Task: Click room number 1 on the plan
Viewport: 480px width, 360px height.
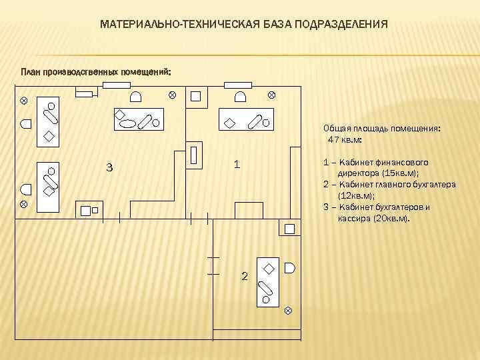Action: (237, 164)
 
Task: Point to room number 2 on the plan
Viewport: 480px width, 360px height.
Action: (244, 276)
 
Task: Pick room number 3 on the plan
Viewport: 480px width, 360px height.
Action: (109, 167)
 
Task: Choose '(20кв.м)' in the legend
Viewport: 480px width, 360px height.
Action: (389, 218)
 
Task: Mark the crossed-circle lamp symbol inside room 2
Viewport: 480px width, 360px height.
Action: (288, 310)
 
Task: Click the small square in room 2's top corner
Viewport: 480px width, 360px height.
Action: (290, 229)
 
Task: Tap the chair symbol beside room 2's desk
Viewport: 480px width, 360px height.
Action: (289, 268)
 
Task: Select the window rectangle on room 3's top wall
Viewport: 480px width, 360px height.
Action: (116, 85)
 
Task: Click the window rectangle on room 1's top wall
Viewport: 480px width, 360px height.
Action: (237, 85)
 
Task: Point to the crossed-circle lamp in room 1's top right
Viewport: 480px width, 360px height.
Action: (271, 95)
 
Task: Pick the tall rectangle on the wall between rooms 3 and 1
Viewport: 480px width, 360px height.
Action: (194, 155)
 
